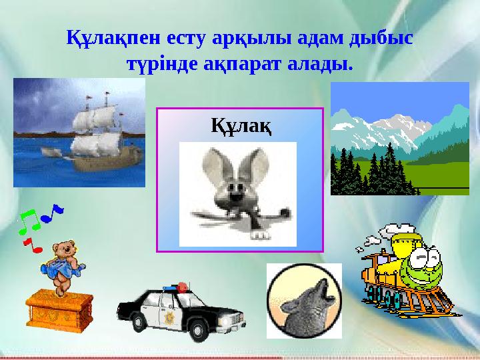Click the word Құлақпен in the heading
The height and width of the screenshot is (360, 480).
(x=105, y=38)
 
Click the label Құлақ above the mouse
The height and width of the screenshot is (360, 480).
(x=241, y=125)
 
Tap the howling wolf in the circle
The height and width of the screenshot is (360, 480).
(x=303, y=301)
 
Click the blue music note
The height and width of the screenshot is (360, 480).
(x=51, y=211)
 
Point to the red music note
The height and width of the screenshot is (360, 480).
(x=33, y=245)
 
